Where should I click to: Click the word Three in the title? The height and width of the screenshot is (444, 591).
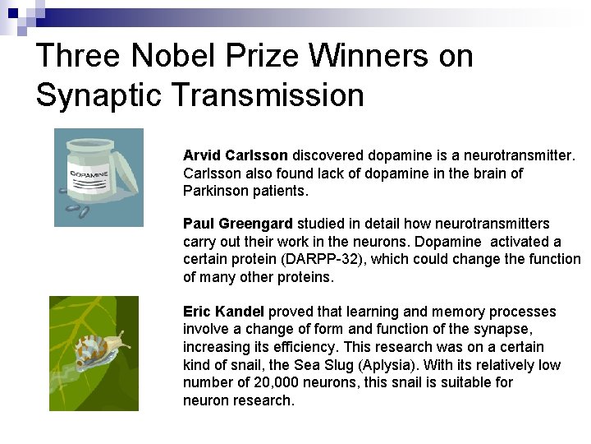click(79, 56)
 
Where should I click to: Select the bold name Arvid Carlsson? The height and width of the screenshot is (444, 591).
click(236, 155)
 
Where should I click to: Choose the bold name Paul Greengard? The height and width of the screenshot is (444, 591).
click(238, 224)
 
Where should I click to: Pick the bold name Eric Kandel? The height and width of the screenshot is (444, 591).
click(224, 312)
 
